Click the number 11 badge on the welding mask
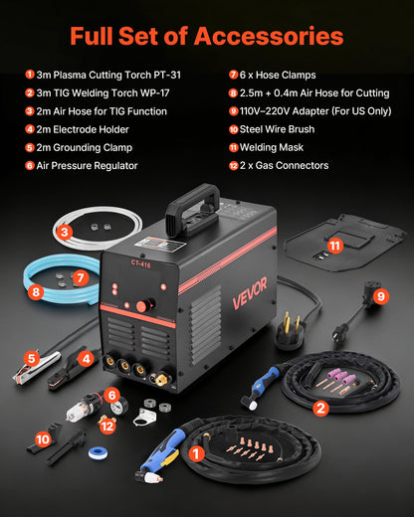pos(334,244)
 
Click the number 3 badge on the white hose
pos(63,232)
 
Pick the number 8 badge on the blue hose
pos(37,292)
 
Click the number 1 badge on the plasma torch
pos(197,453)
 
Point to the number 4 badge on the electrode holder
pos(86,357)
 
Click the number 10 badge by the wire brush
pos(44,436)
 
